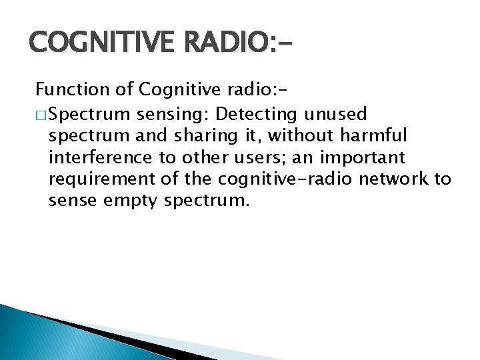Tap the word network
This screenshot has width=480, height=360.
393,179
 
